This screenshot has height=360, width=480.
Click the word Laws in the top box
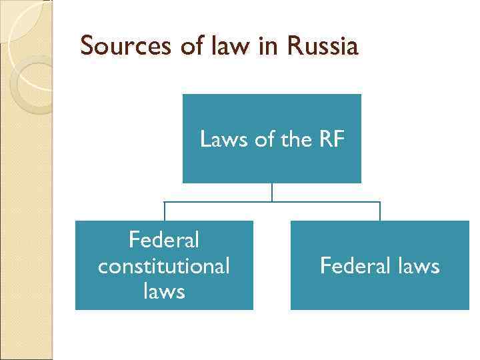[x=219, y=139]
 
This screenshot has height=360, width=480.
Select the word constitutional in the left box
[x=164, y=265]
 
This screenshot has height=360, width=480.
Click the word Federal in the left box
[x=164, y=239]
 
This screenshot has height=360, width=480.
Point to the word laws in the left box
[x=164, y=291]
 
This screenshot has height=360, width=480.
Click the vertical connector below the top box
[x=272, y=192]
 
